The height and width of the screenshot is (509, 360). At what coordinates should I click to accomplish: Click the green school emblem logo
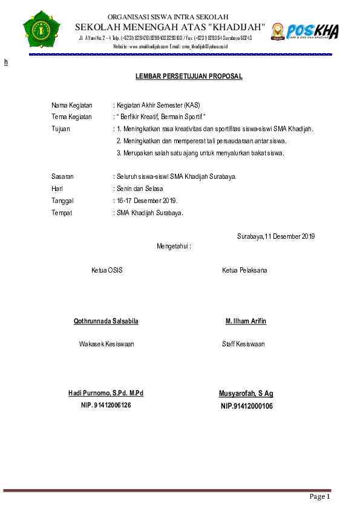tap(42, 28)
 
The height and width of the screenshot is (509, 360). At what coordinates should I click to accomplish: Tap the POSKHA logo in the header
tap(304, 31)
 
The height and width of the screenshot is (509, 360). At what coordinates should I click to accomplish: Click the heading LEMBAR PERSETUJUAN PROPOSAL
tap(189, 77)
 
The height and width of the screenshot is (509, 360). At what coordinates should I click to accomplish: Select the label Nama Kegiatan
tap(71, 105)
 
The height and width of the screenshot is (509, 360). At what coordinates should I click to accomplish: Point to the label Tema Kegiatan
tap(71, 117)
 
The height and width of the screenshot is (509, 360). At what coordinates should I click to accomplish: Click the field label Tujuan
tap(61, 129)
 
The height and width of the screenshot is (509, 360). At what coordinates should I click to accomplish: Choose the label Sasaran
tap(62, 177)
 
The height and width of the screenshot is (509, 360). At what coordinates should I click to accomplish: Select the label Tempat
tap(62, 213)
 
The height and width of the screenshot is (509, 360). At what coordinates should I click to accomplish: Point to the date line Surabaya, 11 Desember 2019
tap(276, 236)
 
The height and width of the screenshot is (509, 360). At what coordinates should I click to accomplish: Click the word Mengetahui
tap(174, 247)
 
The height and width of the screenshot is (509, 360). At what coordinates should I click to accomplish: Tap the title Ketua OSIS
tap(106, 270)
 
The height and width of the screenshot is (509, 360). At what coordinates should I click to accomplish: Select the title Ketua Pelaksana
tap(244, 270)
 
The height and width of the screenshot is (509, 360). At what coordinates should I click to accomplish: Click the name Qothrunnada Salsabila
tap(106, 321)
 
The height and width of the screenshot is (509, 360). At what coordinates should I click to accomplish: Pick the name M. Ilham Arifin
tap(246, 321)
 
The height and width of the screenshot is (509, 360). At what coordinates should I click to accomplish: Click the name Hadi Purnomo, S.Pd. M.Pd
tap(106, 394)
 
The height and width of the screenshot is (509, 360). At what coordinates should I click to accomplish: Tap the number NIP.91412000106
tap(246, 406)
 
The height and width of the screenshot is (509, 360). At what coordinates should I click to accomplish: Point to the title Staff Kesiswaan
tap(243, 345)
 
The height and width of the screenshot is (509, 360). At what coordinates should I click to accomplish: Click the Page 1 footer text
tap(319, 497)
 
